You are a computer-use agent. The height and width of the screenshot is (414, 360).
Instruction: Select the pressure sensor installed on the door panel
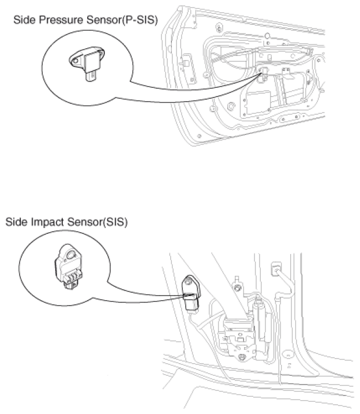coord(265,74)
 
